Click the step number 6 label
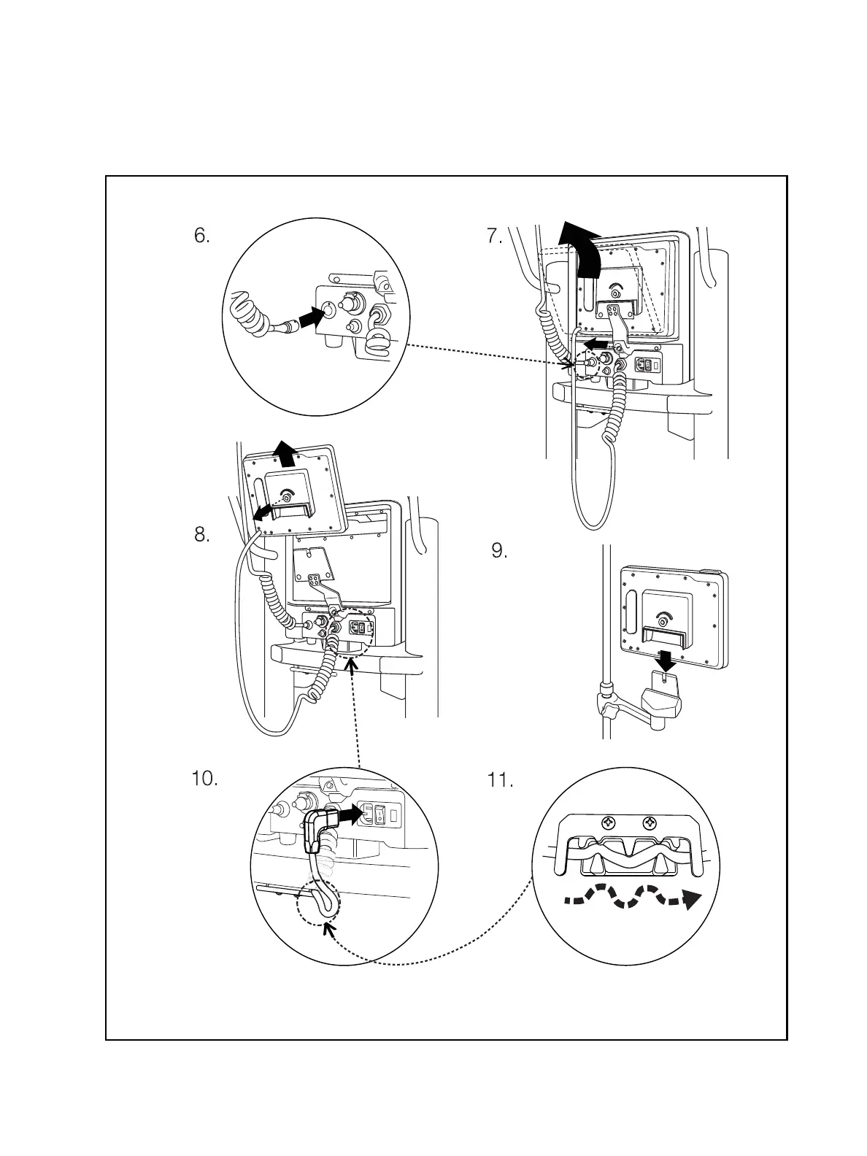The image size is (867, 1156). [202, 236]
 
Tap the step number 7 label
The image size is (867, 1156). [494, 236]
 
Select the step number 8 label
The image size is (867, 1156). [202, 535]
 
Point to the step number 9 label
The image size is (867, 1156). [499, 551]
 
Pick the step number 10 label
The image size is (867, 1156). [204, 779]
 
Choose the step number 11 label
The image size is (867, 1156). [500, 780]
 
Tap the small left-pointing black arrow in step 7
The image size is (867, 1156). [596, 343]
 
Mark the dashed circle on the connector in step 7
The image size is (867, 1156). [585, 362]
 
